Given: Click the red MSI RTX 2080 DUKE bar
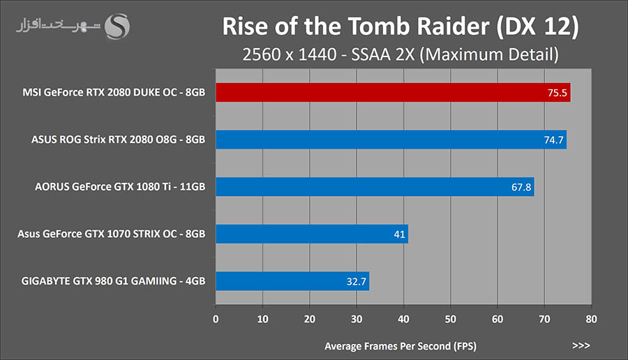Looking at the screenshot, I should click(391, 92).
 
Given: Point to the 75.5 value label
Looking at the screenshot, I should click(557, 93).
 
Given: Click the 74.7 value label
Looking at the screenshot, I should click(553, 140).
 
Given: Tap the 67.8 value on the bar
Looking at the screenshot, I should click(521, 187).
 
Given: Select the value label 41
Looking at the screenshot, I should click(399, 234).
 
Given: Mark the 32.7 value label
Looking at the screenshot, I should click(356, 282).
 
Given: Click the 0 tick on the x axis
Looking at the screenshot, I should click(216, 320).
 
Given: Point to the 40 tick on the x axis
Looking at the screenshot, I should click(403, 320).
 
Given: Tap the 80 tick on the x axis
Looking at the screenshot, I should click(591, 320).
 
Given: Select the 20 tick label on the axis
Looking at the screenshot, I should click(309, 320).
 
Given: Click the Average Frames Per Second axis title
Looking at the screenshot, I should click(400, 346).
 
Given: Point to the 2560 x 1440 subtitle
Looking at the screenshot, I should click(400, 54).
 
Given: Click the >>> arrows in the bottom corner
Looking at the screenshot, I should click(581, 345).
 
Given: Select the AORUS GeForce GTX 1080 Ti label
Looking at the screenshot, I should click(120, 187).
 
